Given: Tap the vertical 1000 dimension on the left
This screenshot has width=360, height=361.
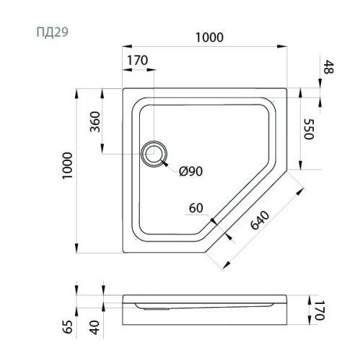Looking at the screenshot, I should point(66,170).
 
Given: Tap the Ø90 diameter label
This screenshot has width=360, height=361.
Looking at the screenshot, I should point(190,172).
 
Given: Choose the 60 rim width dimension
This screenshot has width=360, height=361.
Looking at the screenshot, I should point(196,208).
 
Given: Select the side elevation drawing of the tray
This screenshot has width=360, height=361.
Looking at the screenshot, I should point(209,306).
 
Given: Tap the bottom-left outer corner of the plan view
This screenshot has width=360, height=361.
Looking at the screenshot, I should point(123,253).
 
